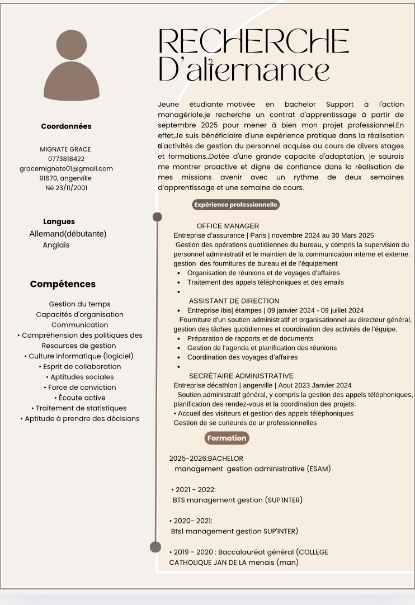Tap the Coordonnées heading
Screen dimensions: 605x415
(x=66, y=126)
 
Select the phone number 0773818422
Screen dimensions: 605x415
(x=66, y=159)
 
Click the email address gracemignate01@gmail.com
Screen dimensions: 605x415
(x=66, y=168)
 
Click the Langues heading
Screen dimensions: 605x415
(x=59, y=221)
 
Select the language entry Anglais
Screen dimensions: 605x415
(x=56, y=245)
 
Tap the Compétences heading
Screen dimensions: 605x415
(x=63, y=284)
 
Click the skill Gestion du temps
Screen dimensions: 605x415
(x=79, y=304)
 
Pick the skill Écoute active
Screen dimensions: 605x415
(x=80, y=398)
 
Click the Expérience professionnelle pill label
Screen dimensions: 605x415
(x=235, y=205)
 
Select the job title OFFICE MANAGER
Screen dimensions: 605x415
(x=228, y=226)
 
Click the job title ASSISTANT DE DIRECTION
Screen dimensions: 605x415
(x=234, y=301)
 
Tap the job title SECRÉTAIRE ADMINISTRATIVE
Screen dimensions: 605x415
(x=241, y=376)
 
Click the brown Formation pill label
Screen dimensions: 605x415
(x=227, y=438)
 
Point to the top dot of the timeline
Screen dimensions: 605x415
(x=157, y=216)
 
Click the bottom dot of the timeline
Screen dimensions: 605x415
(x=155, y=547)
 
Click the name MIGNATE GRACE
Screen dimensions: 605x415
(x=65, y=149)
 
